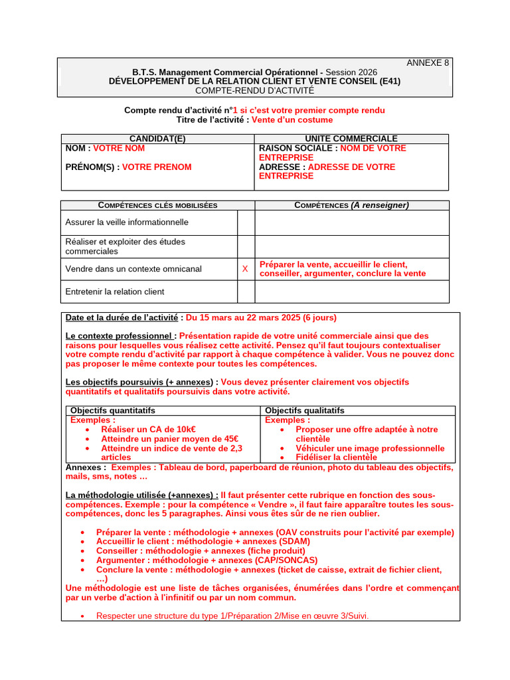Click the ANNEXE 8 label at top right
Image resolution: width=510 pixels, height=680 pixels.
[427, 63]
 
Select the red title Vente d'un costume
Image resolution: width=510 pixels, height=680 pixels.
[292, 120]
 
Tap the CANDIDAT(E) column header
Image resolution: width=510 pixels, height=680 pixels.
[157, 138]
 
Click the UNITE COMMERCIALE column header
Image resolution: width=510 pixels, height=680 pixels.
[351, 138]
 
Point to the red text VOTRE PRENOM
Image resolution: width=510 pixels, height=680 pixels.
[157, 167]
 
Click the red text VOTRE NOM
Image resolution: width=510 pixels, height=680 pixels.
[119, 149]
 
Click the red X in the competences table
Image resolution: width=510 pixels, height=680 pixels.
[245, 269]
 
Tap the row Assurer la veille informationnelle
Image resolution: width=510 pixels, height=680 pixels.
[127, 222]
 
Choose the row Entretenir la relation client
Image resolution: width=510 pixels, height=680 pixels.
[115, 292]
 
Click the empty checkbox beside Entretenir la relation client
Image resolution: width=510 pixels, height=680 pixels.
[246, 292]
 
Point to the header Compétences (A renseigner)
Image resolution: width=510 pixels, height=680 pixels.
[351, 205]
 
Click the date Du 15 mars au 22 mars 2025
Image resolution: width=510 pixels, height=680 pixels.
[261, 317]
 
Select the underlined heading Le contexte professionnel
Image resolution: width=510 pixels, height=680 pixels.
[121, 336]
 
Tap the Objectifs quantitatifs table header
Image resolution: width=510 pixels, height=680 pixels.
[113, 410]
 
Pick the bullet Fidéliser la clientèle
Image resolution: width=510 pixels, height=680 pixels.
[336, 457]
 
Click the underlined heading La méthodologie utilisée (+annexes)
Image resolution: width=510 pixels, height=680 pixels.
[142, 495]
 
